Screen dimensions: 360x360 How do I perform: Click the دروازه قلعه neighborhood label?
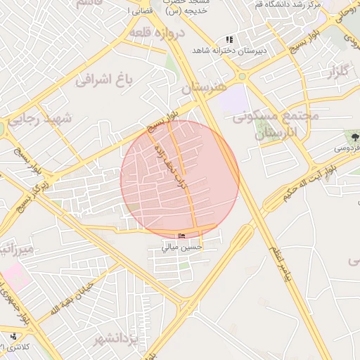click(156, 33)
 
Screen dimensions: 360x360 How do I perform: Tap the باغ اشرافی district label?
click(103, 79)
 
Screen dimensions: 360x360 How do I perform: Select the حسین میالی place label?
click(182, 247)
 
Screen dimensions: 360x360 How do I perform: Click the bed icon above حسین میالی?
click(182, 236)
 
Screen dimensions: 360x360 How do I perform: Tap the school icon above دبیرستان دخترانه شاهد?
click(229, 40)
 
